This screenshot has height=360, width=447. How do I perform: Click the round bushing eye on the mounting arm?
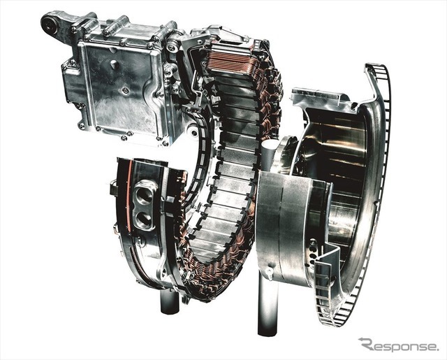(48, 23)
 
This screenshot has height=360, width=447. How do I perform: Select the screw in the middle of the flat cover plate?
(124, 90)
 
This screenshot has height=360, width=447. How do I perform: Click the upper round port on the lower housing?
(144, 195)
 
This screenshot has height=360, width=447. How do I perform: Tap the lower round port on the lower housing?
(143, 219)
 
